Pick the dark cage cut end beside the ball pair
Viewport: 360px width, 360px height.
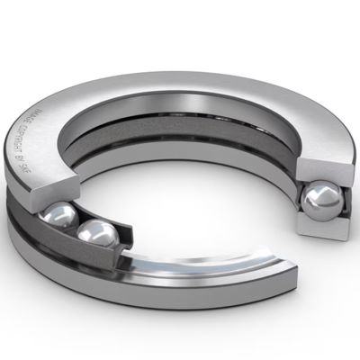126,236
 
